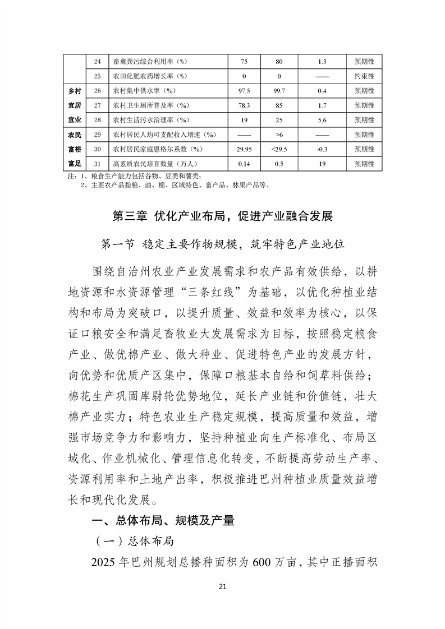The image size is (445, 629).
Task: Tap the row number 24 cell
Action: (97, 61)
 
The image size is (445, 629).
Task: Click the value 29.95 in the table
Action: (244, 150)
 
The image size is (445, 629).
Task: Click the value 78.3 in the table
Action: (244, 105)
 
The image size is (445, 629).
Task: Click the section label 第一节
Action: (117, 245)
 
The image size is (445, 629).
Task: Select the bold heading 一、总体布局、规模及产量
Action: (163, 521)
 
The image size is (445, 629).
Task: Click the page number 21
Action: (222, 587)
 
